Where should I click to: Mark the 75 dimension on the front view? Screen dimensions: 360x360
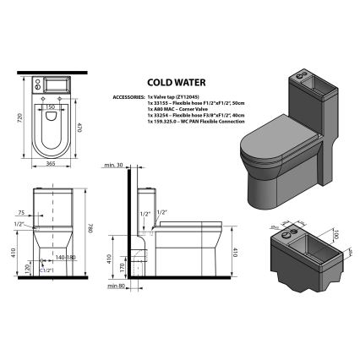19,214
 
